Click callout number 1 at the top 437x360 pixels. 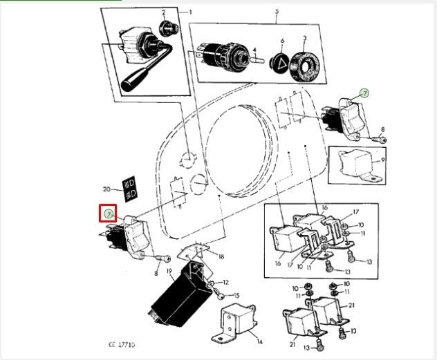190,12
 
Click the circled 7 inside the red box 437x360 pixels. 108,214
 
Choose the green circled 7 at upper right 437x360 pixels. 364,93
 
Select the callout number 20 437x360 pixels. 106,189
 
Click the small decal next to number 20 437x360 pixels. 129,187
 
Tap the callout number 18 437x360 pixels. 221,256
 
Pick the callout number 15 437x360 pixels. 236,296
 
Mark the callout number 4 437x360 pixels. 254,50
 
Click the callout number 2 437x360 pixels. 164,12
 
